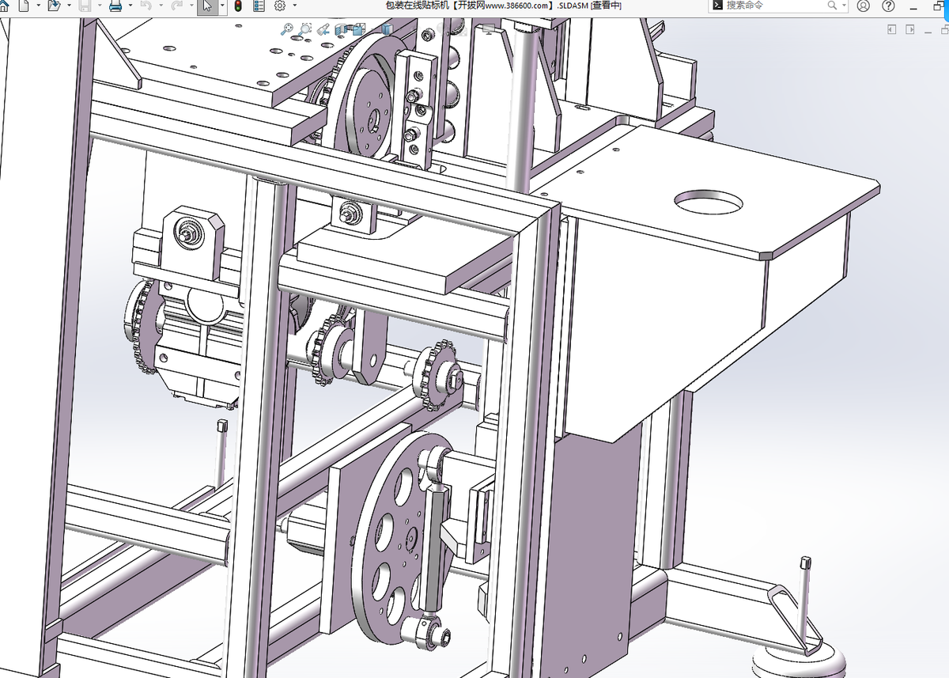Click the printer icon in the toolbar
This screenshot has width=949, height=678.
[115, 6]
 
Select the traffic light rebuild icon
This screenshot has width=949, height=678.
[238, 6]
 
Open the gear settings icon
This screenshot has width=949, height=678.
[280, 6]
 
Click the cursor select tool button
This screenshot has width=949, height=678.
[207, 6]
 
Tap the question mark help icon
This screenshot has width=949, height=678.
[888, 6]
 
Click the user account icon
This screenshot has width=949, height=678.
[863, 6]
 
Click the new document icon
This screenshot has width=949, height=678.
[25, 6]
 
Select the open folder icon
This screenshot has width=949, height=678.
[54, 6]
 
